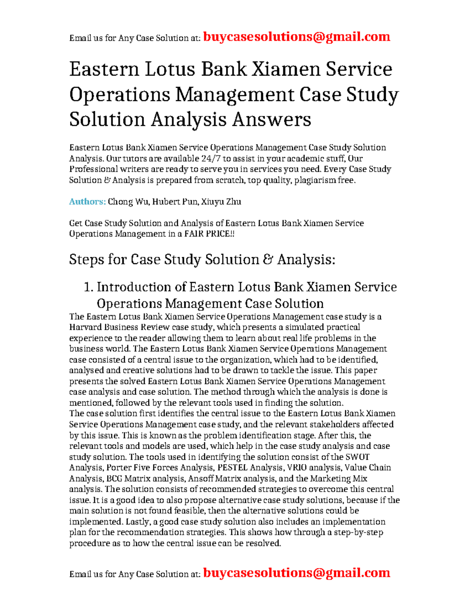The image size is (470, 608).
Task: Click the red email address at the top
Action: click(x=296, y=37)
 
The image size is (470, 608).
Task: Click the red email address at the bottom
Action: click(x=296, y=573)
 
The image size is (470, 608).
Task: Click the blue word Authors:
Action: click(x=87, y=202)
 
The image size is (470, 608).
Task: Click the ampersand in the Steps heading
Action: click(x=268, y=260)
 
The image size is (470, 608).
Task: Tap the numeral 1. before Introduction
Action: click(x=89, y=287)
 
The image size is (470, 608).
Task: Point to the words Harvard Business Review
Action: click(x=119, y=327)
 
